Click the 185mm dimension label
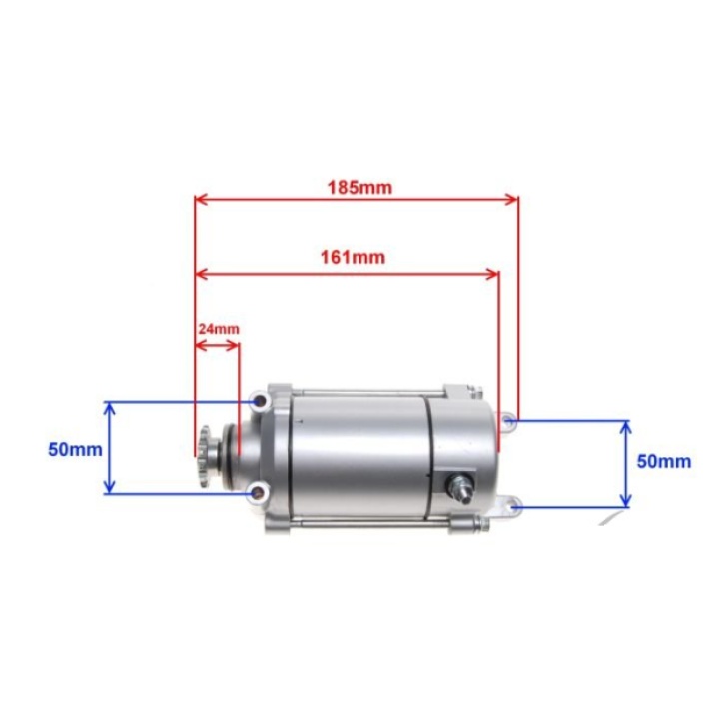(x=359, y=187)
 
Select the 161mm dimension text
(x=353, y=257)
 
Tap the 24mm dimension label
(x=219, y=329)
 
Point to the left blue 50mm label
(x=75, y=449)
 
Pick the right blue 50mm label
(x=664, y=461)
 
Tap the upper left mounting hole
(x=260, y=402)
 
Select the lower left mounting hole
(x=259, y=493)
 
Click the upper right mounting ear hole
(x=508, y=420)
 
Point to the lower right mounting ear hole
(x=515, y=507)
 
